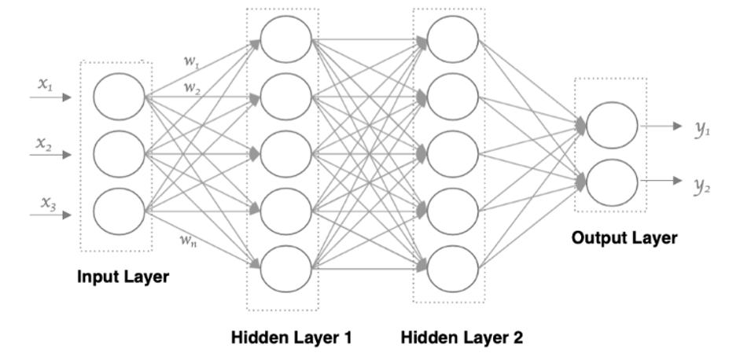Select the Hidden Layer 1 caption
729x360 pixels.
[x=290, y=338]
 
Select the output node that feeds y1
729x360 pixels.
[x=611, y=126]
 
